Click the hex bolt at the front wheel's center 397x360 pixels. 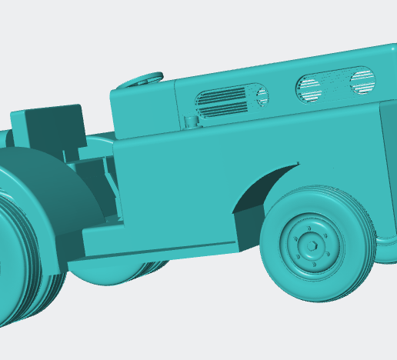point(311,246)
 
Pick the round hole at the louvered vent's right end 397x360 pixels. point(262,96)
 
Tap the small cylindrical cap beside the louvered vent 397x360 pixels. point(189,120)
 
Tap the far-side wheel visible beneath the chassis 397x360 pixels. point(123,269)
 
